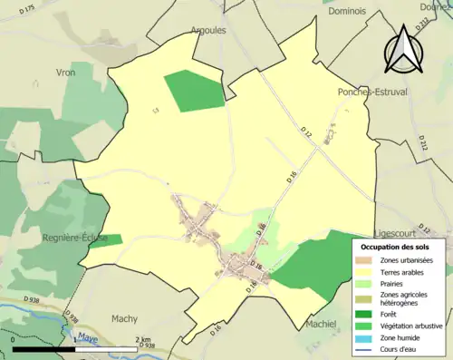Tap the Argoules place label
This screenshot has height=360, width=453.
click(x=207, y=30)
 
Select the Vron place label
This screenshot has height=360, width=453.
click(x=66, y=73)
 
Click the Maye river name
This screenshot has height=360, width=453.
click(x=88, y=337)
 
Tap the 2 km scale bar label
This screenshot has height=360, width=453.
click(x=144, y=340)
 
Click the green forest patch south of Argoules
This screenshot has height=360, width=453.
click(x=194, y=91)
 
